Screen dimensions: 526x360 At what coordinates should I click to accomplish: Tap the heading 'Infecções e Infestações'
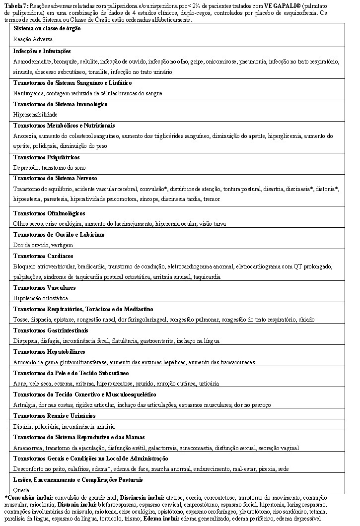[x=42, y=51]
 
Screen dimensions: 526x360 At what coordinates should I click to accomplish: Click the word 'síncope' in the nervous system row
[x=185, y=199]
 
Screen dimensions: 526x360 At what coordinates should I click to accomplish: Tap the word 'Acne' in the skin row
[x=19, y=384]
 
